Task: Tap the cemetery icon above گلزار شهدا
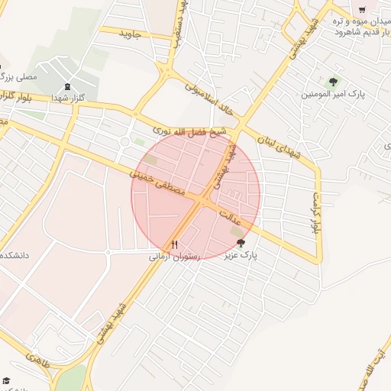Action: tap(66, 86)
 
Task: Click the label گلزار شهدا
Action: tap(68, 99)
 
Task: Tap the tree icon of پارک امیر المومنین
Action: tap(332, 81)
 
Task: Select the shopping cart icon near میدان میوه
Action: tap(362, 10)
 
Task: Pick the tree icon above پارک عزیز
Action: tap(241, 243)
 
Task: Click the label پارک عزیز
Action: tap(241, 257)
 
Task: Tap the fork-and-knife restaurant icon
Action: tap(174, 244)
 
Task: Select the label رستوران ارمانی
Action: tap(174, 257)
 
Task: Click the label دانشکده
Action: tap(17, 254)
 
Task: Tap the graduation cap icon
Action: tap(5, 380)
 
